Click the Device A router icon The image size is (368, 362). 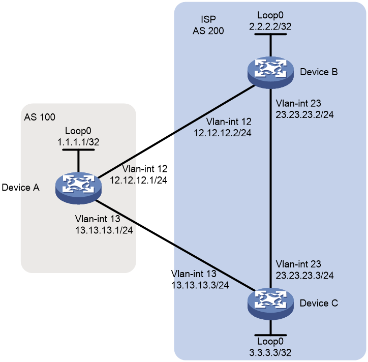click(78, 188)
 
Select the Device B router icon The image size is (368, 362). click(270, 72)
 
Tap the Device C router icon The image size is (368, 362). click(270, 304)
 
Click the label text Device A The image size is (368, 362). click(20, 188)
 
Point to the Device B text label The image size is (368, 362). click(319, 72)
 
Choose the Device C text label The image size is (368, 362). click(319, 304)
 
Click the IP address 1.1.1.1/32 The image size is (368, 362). click(78, 142)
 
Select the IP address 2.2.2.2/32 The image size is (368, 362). click(270, 26)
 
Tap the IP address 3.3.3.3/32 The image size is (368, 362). click(270, 353)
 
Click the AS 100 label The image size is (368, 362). click(40, 117)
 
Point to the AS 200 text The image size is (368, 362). click(208, 31)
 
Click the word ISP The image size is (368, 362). click(208, 19)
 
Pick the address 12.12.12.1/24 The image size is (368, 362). click(138, 180)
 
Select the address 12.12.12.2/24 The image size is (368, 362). click(223, 133)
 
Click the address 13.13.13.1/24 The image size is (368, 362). click(104, 230)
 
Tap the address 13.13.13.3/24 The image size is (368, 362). click(200, 285)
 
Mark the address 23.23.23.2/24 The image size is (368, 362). click(304, 114)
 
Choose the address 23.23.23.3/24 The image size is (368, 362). click(304, 276)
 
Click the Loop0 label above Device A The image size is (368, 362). click(78, 131)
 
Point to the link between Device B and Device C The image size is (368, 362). click(270, 188)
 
